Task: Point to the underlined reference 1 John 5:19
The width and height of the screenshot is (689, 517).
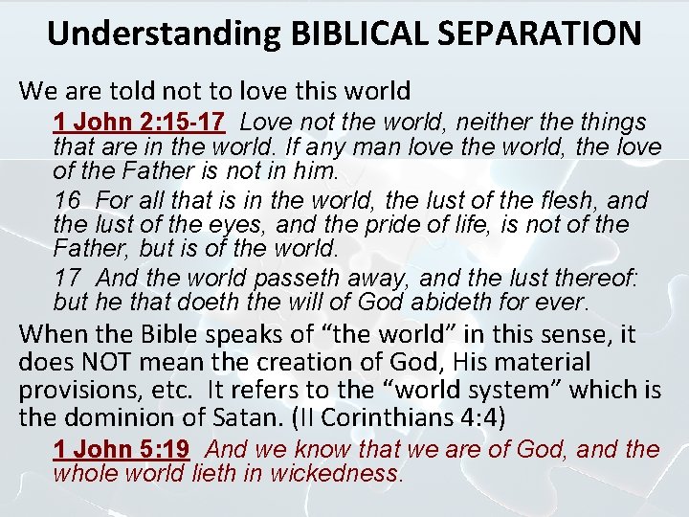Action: coord(122,450)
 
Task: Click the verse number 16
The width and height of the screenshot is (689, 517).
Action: coord(68,201)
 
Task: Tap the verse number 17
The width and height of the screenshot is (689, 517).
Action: coord(68,279)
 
